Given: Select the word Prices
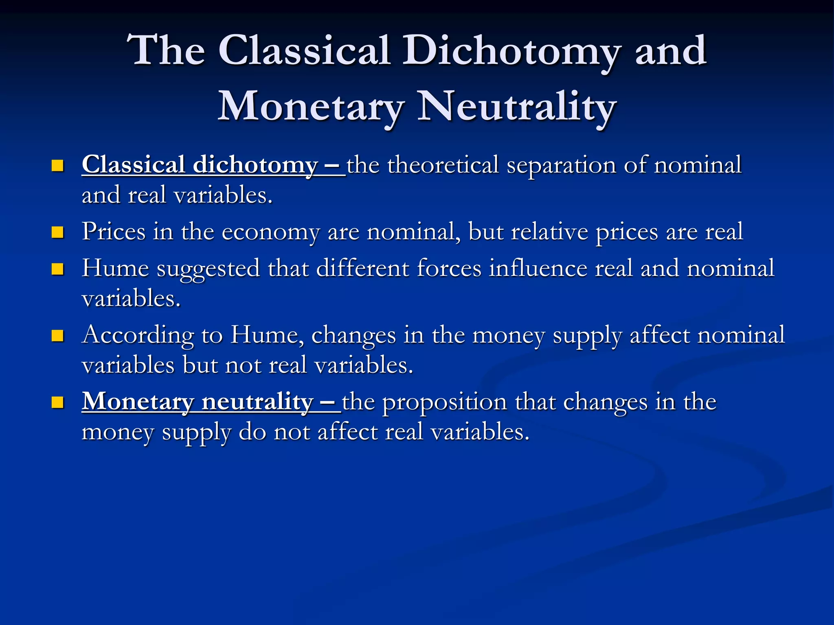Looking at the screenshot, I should coord(114,232).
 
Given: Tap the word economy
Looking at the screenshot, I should coord(270,232).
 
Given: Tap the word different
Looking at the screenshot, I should coord(362,269).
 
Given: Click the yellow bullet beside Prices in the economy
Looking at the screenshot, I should coord(58,232).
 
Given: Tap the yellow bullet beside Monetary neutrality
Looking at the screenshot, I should coord(58,402).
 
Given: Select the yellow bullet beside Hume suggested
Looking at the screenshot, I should coord(58,269).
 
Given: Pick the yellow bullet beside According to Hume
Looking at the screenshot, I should coord(58,335).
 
